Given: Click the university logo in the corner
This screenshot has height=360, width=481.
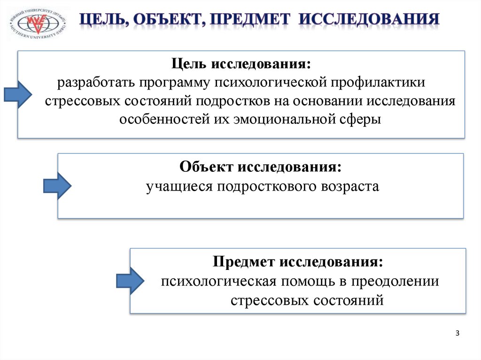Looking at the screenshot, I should (x=38, y=24).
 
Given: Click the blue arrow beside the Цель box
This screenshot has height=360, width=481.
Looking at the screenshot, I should (x=18, y=92).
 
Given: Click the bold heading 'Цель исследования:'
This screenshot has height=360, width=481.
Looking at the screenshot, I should (x=240, y=63).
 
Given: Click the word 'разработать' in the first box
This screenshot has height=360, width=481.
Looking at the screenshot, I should (x=95, y=82).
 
